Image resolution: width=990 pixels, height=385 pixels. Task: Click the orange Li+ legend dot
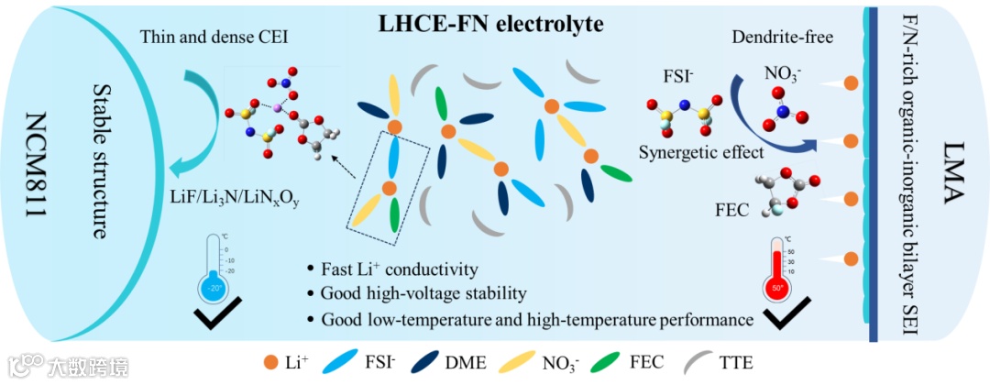pos(269,362)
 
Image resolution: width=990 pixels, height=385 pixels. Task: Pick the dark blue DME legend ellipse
pos(428,362)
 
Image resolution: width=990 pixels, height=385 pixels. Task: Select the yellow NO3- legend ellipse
pos(517,362)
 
